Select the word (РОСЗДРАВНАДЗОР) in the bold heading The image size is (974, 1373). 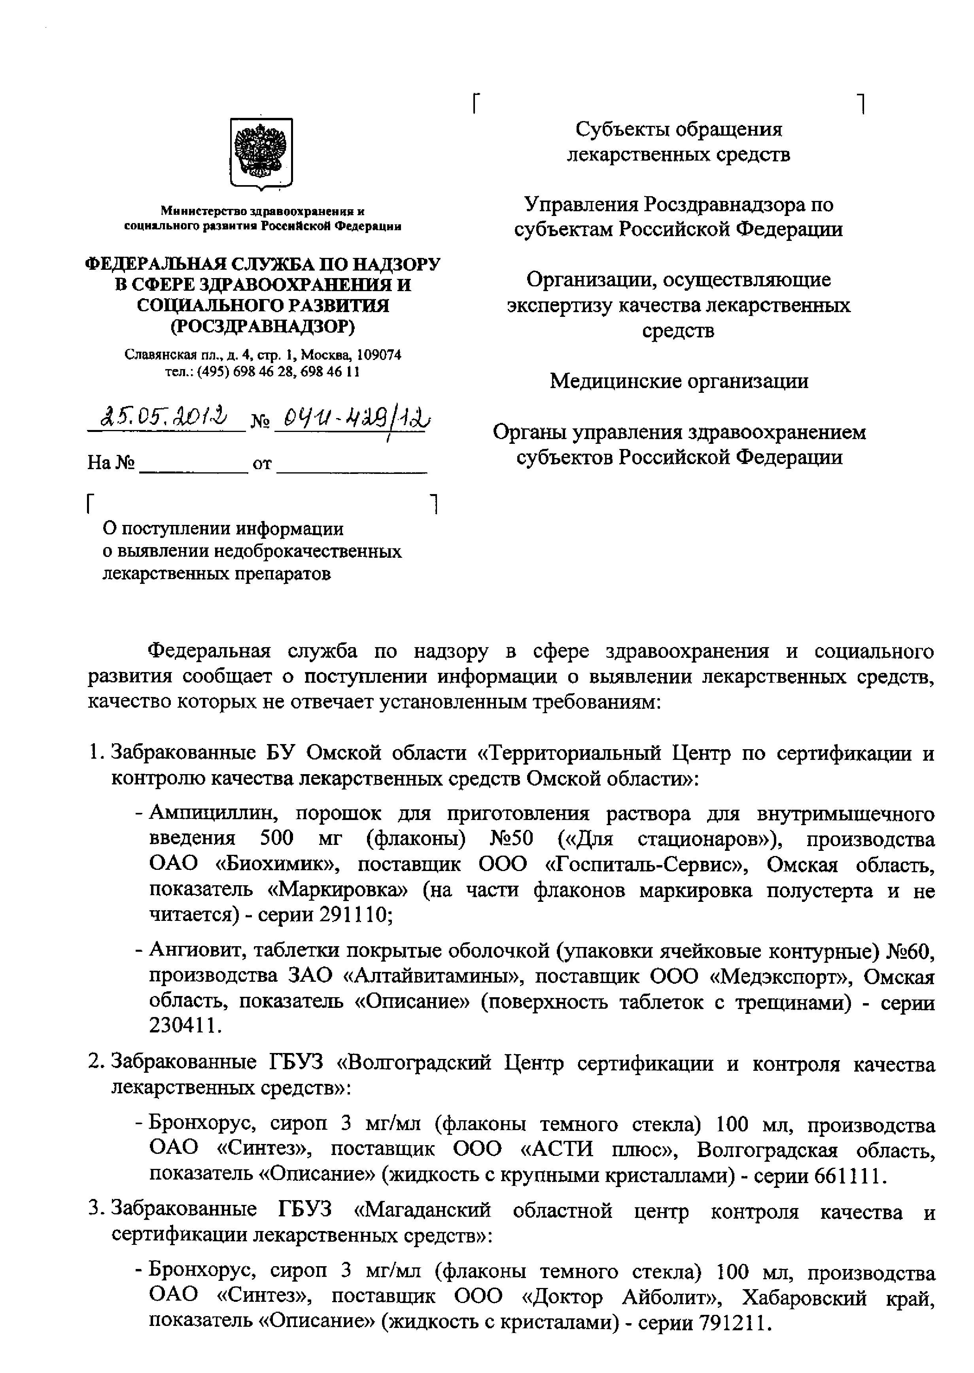point(262,327)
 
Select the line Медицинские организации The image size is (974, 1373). point(679,381)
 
